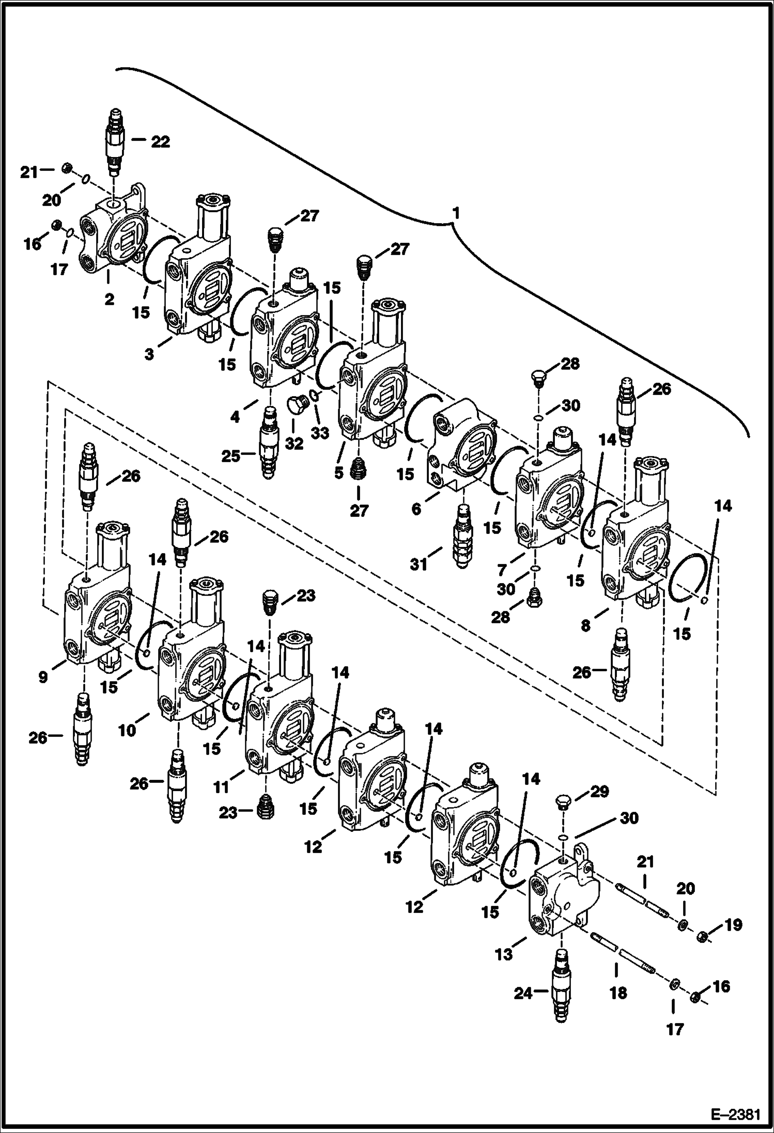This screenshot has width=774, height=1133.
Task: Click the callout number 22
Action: (160, 141)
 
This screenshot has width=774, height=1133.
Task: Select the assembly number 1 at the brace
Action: (455, 213)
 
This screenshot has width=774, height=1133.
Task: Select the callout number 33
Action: (320, 433)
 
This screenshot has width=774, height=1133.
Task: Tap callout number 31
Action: (419, 564)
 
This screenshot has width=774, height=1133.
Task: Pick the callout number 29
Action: (599, 791)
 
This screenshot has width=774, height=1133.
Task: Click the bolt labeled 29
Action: (563, 803)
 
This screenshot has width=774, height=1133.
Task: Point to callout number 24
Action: (523, 993)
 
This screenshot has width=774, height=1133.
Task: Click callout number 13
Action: (503, 954)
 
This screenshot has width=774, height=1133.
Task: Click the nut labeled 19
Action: (702, 936)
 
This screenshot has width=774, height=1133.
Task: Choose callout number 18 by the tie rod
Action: (618, 993)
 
